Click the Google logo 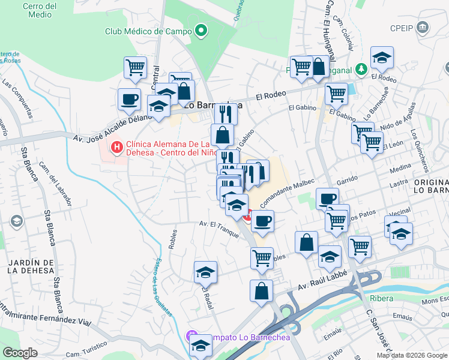[20, 353]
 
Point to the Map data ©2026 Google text [411, 355]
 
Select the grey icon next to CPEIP [424, 28]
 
